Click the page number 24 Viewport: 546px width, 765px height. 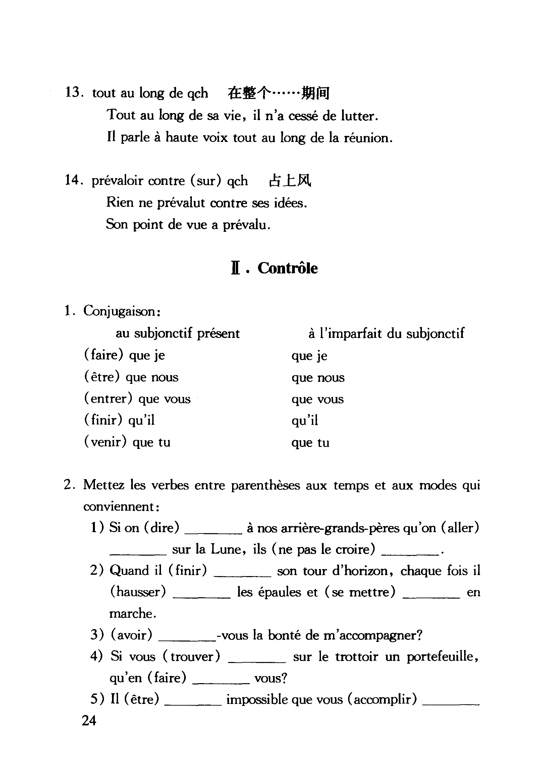pos(89,721)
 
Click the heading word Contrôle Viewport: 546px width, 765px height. pos(287,269)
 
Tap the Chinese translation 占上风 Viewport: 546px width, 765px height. pos(290,181)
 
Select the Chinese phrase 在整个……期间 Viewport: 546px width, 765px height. pos(278,93)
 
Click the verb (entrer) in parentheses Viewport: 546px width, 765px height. pos(108,399)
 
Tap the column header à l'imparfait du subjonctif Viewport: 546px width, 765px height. pos(386,334)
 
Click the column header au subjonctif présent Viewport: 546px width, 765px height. pos(177,334)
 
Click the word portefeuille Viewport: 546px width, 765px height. pos(441,657)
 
